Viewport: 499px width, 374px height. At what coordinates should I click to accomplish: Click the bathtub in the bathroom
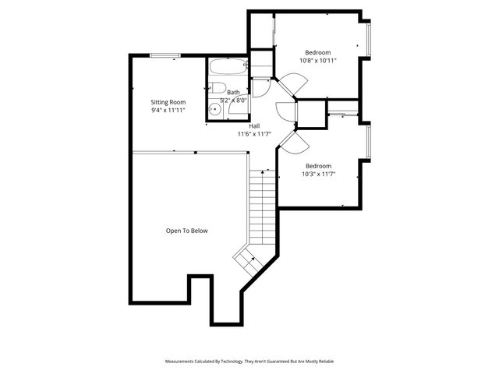(x=228, y=68)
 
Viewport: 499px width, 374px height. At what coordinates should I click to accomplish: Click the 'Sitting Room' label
(x=168, y=102)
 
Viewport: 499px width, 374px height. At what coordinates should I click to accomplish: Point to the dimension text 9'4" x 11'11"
(x=168, y=111)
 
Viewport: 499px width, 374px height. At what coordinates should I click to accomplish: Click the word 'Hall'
(x=254, y=125)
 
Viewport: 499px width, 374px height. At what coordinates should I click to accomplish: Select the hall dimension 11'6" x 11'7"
(x=254, y=134)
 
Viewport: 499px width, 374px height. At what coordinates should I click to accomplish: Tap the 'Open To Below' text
(x=186, y=231)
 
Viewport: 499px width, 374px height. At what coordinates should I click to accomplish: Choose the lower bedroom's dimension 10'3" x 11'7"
(x=318, y=174)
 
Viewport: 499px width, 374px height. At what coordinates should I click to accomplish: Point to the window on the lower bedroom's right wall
(x=369, y=143)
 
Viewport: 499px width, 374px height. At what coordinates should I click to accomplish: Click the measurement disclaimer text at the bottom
(x=249, y=362)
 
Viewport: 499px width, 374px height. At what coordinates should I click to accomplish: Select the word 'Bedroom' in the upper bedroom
(x=317, y=51)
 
